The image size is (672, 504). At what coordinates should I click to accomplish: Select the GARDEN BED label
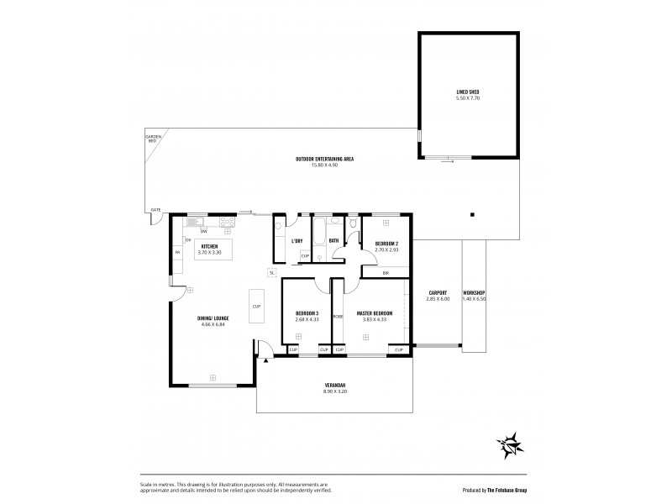(x=152, y=139)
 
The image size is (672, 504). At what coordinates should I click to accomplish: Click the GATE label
(x=155, y=209)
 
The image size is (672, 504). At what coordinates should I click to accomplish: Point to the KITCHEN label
(x=209, y=247)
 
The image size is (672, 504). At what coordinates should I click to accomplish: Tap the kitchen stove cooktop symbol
(x=227, y=222)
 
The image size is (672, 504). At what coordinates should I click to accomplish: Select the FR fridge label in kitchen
(x=177, y=251)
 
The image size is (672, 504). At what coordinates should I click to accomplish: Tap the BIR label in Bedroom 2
(x=385, y=273)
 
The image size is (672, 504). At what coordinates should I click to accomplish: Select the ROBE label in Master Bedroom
(x=338, y=317)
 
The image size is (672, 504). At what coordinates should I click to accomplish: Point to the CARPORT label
(x=438, y=293)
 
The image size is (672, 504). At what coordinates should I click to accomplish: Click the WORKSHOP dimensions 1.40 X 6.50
(x=475, y=298)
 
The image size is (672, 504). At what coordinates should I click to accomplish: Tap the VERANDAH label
(x=334, y=386)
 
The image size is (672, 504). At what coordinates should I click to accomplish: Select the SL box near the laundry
(x=272, y=272)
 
